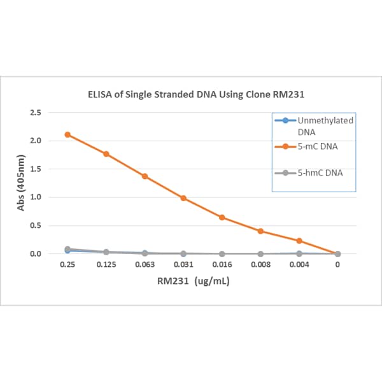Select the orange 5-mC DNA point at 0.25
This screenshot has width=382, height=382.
coord(67,134)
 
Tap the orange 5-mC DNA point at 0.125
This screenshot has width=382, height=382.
coord(106,153)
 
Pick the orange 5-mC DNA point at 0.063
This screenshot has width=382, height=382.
coord(145,176)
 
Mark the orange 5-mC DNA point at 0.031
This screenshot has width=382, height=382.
coord(183,198)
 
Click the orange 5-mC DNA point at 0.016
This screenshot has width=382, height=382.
coord(222,217)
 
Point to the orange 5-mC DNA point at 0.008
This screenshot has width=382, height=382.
coord(260,231)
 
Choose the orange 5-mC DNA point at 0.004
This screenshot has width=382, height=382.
coord(299,241)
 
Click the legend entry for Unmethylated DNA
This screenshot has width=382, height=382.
coord(325,125)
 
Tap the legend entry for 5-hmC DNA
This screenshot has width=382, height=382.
coord(322,173)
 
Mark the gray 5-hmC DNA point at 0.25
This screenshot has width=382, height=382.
coord(67,250)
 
